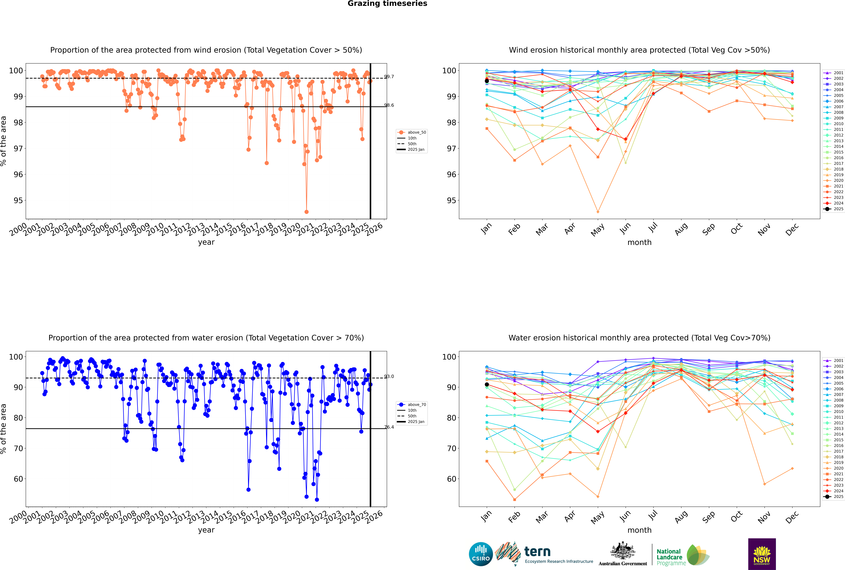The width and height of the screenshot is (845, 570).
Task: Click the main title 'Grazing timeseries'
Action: [387, 4]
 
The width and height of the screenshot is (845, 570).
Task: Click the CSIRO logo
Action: [481, 554]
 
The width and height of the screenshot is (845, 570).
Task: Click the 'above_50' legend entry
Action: [412, 132]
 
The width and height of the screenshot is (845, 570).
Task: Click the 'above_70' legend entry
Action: [412, 405]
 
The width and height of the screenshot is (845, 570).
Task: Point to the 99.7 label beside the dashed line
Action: [389, 77]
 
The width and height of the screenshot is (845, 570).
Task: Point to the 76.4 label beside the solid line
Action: [389, 427]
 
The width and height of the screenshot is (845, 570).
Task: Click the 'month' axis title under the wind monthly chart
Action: [639, 243]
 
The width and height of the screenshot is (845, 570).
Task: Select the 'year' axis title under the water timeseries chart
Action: [206, 530]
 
